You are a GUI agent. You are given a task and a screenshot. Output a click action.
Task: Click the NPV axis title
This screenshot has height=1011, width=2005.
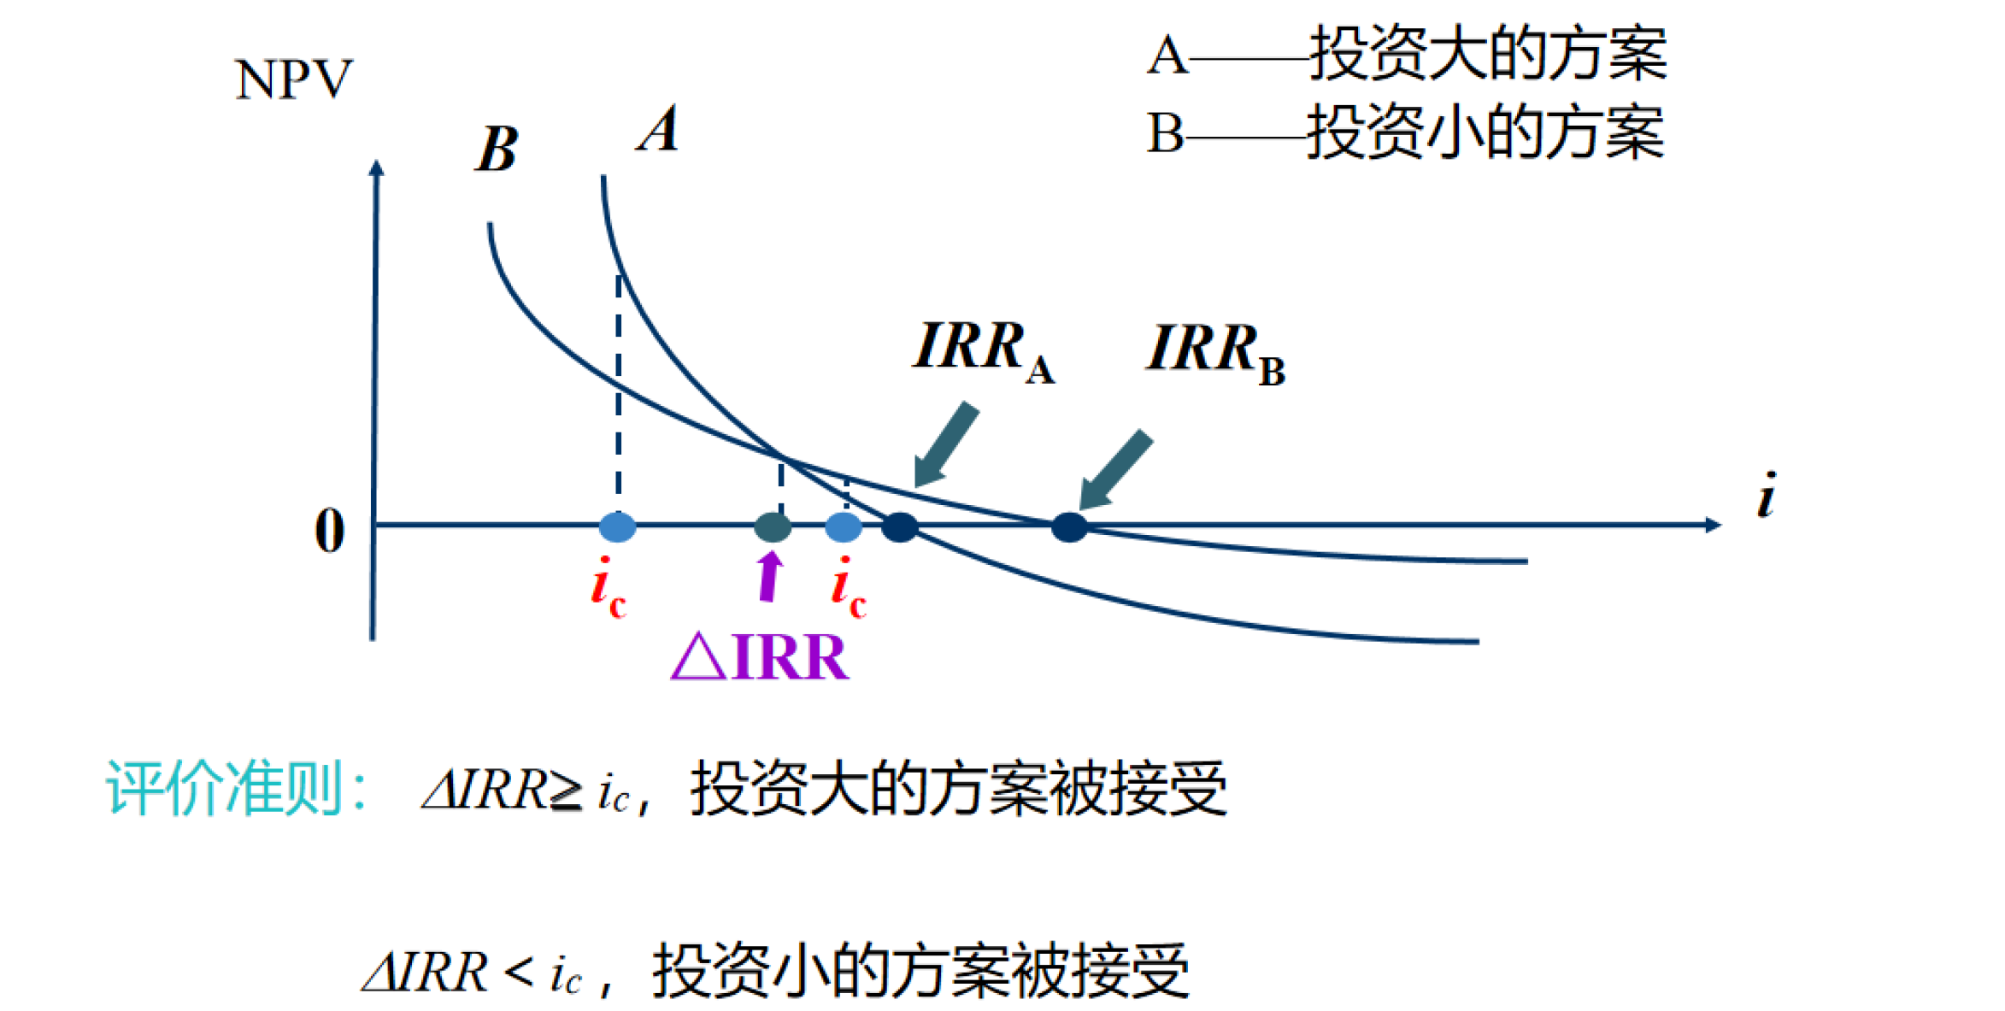[x=293, y=79]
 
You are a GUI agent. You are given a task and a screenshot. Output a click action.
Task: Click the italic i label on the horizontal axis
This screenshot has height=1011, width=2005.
[x=1766, y=496]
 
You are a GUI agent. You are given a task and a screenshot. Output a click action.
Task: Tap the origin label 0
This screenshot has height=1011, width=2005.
[x=330, y=531]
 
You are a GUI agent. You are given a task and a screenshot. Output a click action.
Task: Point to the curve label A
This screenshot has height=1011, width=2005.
[x=658, y=130]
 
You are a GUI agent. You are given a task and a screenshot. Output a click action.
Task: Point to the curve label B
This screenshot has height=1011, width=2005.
[x=497, y=150]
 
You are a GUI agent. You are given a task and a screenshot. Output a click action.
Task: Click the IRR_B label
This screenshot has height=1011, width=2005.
[x=1214, y=352]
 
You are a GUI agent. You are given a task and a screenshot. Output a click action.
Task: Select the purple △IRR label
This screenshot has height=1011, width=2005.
[x=760, y=656]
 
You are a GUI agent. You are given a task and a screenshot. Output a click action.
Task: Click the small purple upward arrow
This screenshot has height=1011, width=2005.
[x=770, y=576]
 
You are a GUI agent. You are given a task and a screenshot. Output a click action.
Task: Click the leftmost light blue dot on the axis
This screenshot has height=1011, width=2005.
[x=617, y=527]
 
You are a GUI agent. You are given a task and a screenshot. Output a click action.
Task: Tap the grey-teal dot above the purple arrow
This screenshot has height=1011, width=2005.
[x=773, y=527]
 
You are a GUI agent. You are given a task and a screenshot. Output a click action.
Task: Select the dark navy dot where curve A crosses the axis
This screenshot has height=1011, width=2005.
[x=899, y=527]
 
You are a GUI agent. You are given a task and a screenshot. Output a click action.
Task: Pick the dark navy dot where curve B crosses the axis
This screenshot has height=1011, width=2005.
[x=1068, y=527]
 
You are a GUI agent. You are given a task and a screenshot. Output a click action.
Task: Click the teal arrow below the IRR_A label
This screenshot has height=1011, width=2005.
[x=944, y=444]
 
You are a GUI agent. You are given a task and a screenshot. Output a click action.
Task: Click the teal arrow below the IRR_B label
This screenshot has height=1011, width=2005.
[x=1114, y=470]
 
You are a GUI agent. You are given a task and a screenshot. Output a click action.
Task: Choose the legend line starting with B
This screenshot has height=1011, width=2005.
[x=1406, y=133]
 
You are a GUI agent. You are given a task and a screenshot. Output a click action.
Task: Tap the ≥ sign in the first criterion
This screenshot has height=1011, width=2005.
[x=566, y=793]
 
